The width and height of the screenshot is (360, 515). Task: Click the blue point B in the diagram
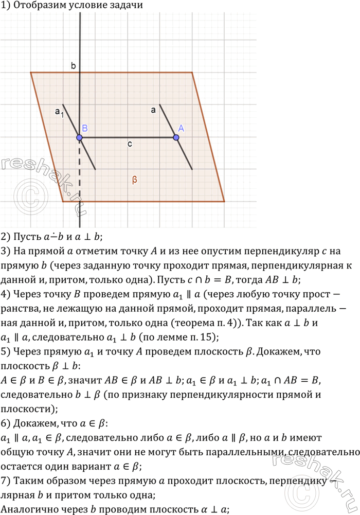click(x=80, y=137)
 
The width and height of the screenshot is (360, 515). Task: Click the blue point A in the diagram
click(x=176, y=137)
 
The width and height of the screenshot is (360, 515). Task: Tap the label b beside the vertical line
click(x=74, y=65)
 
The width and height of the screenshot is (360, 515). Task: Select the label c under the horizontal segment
click(x=130, y=145)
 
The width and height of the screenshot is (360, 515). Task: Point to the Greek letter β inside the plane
click(x=134, y=180)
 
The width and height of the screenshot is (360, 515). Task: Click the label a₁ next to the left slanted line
click(x=59, y=111)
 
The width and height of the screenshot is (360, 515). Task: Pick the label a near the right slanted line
click(x=153, y=110)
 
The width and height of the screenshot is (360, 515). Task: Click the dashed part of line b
click(x=80, y=170)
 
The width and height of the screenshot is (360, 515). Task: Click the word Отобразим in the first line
click(x=38, y=6)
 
